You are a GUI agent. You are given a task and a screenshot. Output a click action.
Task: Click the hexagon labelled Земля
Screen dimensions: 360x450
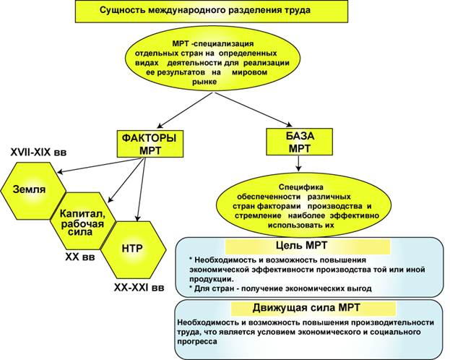(30, 189)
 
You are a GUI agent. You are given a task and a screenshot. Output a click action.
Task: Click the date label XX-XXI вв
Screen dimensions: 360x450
(139, 287)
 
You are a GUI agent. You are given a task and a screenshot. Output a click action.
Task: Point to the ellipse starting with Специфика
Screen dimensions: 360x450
(298, 200)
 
